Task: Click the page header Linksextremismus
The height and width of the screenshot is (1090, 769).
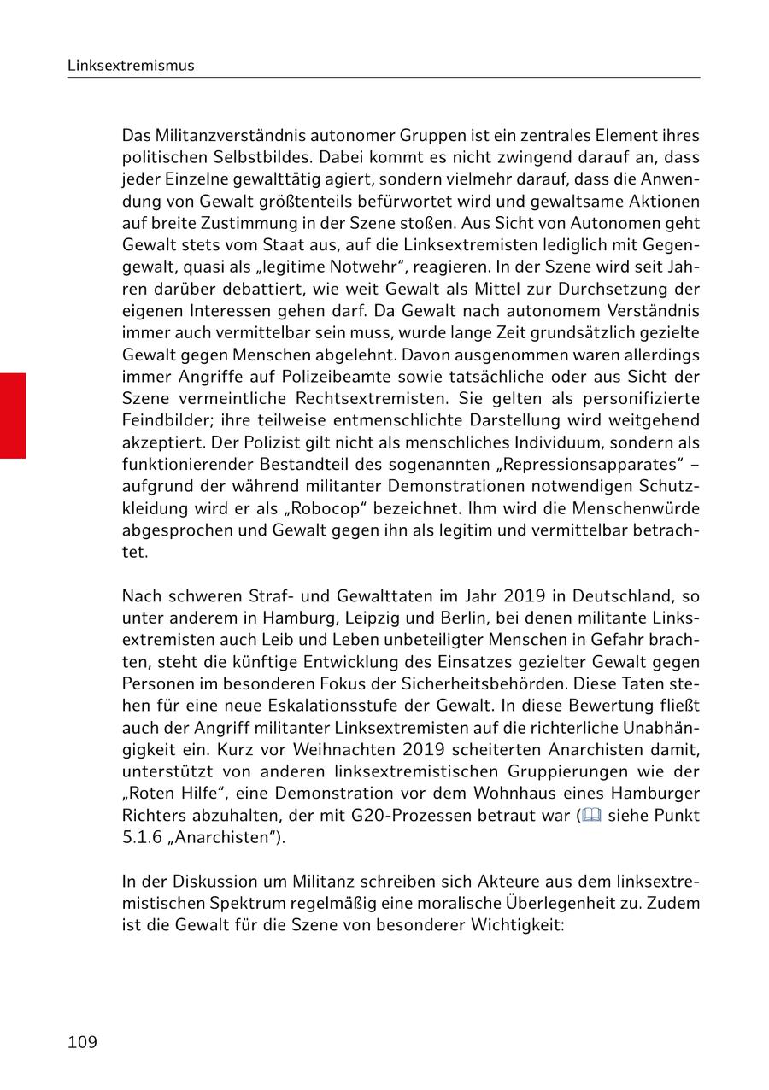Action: tap(131, 66)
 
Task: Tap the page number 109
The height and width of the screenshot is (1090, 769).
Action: tap(82, 1042)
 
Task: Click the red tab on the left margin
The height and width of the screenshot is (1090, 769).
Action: tap(13, 415)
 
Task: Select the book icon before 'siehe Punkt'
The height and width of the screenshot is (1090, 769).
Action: tap(590, 815)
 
